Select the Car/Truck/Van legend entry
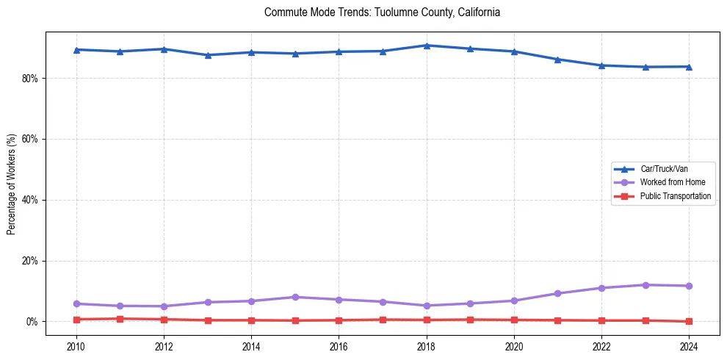pos(664,169)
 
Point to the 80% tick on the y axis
pos(32,79)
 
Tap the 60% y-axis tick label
pos(32,140)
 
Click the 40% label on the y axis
pos(32,200)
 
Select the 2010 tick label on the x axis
pos(76,346)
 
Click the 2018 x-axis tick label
pos(427,346)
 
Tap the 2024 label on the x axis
pos(689,346)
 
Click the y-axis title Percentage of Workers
pos(12,184)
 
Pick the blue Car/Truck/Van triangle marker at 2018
pos(427,46)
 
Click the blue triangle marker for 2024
pos(689,67)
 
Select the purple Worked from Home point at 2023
pos(645,285)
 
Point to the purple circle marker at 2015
pos(295,297)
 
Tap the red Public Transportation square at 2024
pos(689,321)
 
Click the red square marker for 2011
pos(120,319)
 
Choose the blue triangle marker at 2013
pos(208,55)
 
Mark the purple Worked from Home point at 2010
pos(76,303)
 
